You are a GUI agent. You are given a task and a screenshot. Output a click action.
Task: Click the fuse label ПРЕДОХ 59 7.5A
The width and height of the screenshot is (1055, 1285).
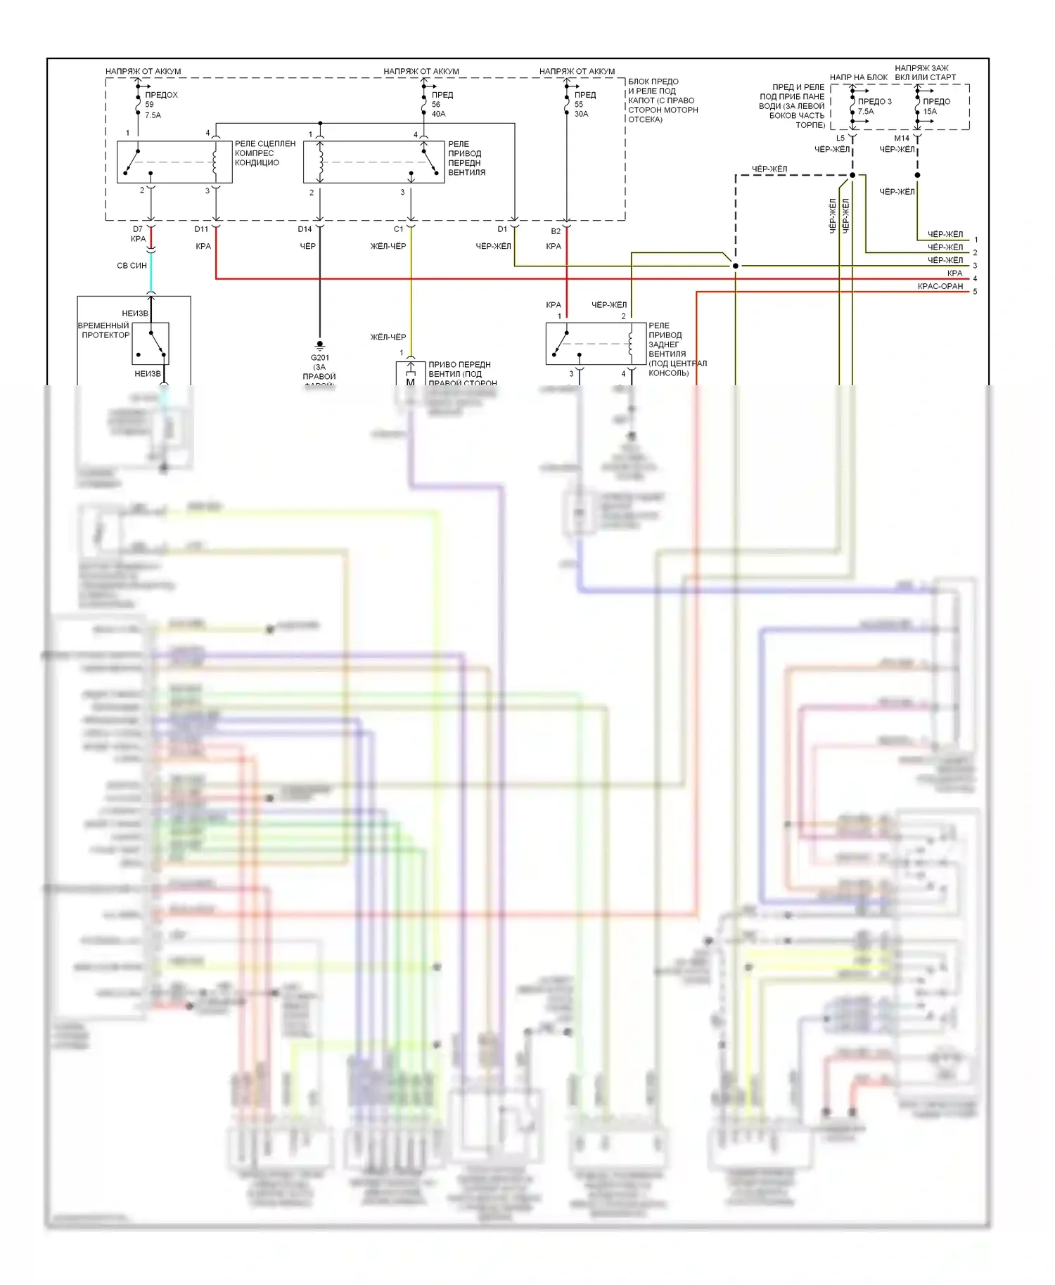point(160,105)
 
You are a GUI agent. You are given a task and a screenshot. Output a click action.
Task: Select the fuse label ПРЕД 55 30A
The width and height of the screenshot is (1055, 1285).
point(584,104)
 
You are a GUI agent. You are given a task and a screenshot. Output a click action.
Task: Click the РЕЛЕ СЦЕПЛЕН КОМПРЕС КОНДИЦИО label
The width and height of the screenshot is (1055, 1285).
point(264,153)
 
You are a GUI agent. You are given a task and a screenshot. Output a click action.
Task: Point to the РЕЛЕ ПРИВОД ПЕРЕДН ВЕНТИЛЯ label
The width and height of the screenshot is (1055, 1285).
point(466,158)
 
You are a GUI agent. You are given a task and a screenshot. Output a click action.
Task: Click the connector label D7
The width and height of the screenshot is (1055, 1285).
point(138,229)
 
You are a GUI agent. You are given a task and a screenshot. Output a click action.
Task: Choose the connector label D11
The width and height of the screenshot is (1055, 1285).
point(202,229)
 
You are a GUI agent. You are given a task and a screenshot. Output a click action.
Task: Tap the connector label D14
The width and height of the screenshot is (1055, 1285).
point(305,229)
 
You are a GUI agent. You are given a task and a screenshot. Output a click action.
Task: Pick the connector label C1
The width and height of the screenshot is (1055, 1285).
point(399,229)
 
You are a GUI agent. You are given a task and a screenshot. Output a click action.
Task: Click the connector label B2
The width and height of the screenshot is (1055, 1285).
point(556,231)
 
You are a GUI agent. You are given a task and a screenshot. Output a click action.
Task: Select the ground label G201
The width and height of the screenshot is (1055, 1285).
point(320,358)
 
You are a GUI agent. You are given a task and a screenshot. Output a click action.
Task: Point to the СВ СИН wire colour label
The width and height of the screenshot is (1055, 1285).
point(132,266)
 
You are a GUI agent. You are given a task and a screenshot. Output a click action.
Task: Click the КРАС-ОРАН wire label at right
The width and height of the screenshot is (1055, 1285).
point(940,286)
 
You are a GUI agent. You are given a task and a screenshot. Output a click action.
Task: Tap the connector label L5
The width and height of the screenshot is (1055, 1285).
point(840,138)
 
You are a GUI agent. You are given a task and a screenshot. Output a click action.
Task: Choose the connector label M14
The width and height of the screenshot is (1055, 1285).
point(902,138)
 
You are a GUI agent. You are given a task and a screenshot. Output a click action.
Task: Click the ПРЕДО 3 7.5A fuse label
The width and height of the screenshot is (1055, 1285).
point(874,106)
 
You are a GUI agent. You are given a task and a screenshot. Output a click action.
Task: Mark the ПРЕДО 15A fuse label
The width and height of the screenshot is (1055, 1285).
point(935,106)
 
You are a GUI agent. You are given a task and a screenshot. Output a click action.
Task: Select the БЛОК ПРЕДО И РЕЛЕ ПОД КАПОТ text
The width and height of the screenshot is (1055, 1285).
point(663,101)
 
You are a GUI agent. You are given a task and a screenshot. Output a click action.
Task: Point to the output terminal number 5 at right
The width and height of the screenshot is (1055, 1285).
point(975,292)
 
